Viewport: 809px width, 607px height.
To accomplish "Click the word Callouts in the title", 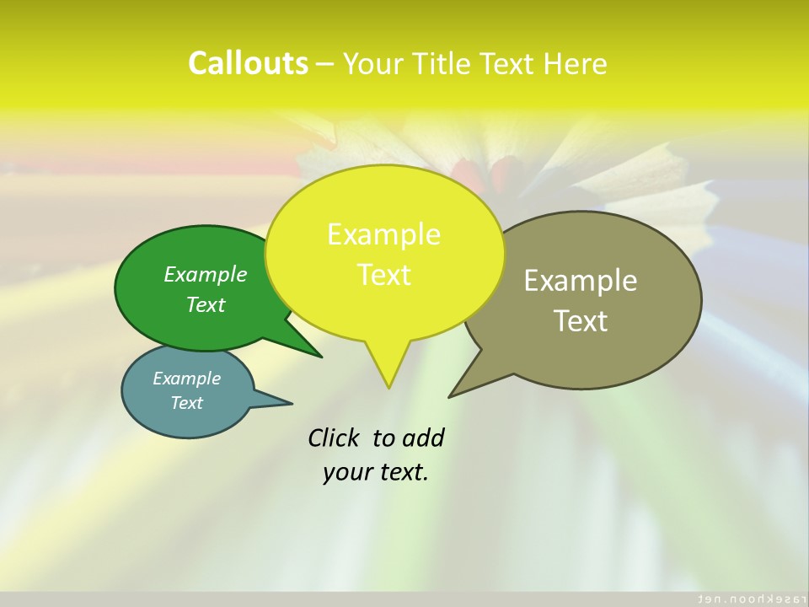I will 248,63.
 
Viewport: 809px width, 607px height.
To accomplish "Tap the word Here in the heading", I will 576,63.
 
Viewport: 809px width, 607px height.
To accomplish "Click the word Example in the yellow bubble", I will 383,234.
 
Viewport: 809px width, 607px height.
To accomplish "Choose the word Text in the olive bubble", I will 581,321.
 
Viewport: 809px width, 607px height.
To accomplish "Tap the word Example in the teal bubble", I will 186,379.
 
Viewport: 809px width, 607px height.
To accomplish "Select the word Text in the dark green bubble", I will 206,305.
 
